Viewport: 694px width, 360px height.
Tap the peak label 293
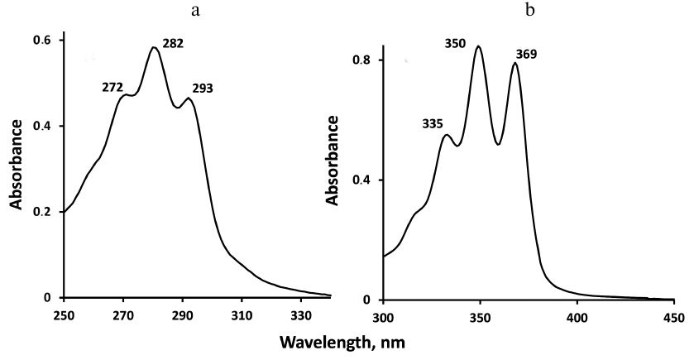click(203, 89)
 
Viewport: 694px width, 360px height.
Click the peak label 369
click(525, 55)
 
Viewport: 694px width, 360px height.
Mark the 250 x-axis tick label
click(64, 314)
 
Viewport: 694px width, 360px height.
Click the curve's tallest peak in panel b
click(478, 46)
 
